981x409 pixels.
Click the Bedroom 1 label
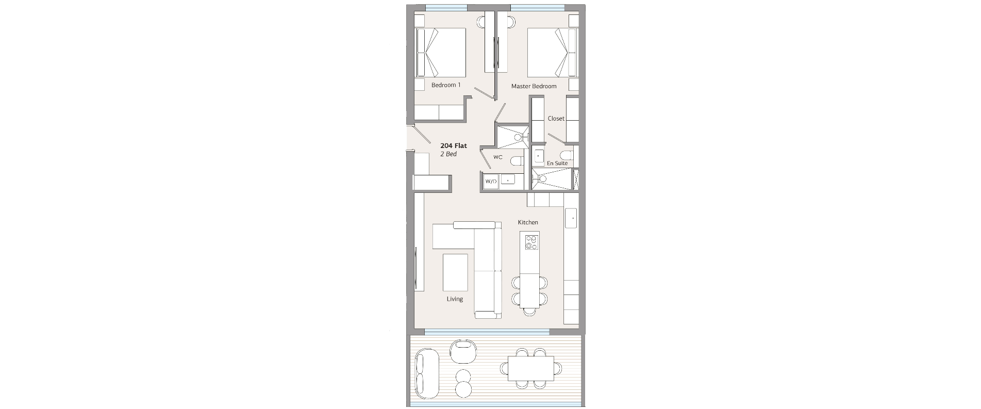click(446, 85)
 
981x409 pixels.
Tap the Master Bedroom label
click(534, 86)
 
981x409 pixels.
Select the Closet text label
click(556, 119)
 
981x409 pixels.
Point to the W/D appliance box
click(491, 181)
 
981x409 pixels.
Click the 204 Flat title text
click(454, 146)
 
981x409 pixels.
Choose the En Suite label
click(557, 163)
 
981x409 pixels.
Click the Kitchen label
click(528, 222)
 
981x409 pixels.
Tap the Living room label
click(455, 299)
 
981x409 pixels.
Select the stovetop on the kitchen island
click(531, 241)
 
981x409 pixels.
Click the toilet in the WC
click(517, 161)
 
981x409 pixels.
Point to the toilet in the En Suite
click(566, 155)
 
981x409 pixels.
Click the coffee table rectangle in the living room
click(455, 272)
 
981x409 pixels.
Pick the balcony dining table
click(531, 368)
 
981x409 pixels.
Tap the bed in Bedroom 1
click(441, 53)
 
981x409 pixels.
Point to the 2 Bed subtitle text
click(448, 154)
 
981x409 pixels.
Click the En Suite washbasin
click(539, 155)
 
